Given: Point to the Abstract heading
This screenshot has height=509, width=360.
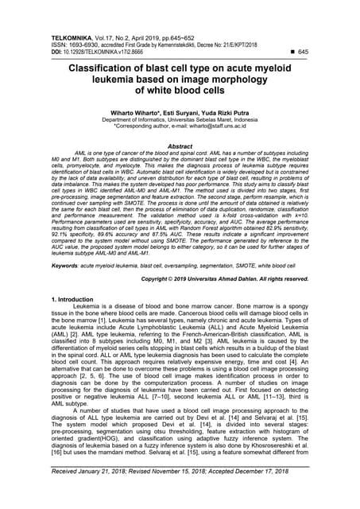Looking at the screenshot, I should point(180,146).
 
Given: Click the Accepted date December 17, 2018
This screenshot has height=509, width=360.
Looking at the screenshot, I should point(273,495).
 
